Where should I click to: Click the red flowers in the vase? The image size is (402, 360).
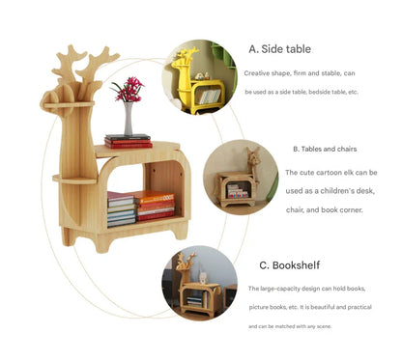tap(128, 90)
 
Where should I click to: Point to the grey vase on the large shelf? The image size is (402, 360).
tap(128, 121)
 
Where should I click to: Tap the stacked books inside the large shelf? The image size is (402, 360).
tap(140, 207)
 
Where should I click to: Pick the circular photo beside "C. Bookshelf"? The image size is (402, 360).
tap(199, 284)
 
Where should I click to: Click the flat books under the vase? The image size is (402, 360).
tap(129, 142)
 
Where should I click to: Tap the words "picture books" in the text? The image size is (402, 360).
tap(272, 307)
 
